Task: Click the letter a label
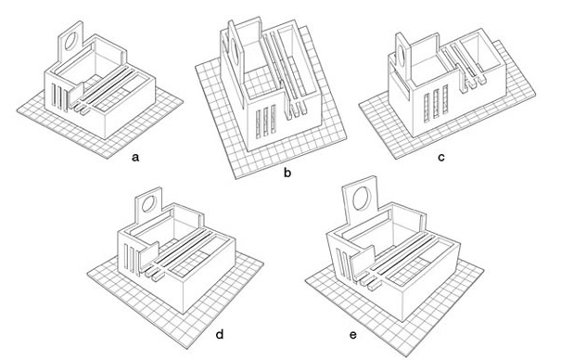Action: click(134, 157)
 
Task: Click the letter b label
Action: click(287, 173)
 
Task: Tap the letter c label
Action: click(441, 157)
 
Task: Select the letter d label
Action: click(220, 334)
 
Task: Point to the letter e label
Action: click(353, 335)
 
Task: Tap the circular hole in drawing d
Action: click(148, 203)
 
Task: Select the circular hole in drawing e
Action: click(361, 198)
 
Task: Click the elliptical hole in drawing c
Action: click(401, 56)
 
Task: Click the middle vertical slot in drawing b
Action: click(265, 121)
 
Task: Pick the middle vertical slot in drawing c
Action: click(436, 104)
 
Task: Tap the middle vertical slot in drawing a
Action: click(59, 96)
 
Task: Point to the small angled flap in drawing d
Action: click(149, 256)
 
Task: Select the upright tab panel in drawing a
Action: click(70, 44)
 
